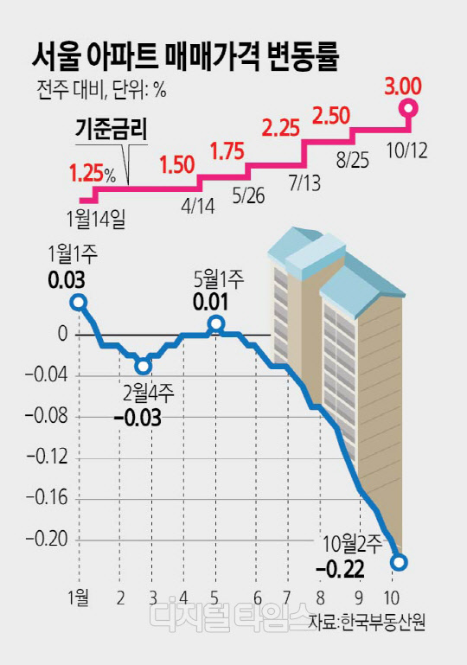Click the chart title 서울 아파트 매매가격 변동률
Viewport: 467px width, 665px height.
(185, 57)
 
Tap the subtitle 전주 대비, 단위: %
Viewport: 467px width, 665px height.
(102, 90)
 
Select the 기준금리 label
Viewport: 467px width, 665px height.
(112, 130)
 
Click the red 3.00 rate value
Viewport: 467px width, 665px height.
(402, 87)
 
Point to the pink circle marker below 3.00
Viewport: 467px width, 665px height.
(408, 108)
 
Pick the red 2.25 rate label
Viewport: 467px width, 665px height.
(281, 127)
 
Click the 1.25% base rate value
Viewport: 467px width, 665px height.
(92, 174)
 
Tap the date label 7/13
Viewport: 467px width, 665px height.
(304, 183)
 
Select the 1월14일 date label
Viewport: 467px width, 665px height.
(96, 220)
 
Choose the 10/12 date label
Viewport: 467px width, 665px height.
(407, 150)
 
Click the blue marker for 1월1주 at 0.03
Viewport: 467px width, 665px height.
(79, 302)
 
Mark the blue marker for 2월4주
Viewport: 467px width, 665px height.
(144, 366)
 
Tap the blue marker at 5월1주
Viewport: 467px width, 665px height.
(216, 323)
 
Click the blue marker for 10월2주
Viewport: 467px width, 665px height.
(400, 562)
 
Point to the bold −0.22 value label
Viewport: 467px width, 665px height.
(340, 569)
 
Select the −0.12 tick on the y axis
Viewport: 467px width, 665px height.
(47, 457)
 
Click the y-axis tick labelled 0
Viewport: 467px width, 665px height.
(63, 335)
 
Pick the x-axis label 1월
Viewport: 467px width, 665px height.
(79, 598)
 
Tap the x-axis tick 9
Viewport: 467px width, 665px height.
(359, 598)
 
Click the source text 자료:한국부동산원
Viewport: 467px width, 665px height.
(367, 622)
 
